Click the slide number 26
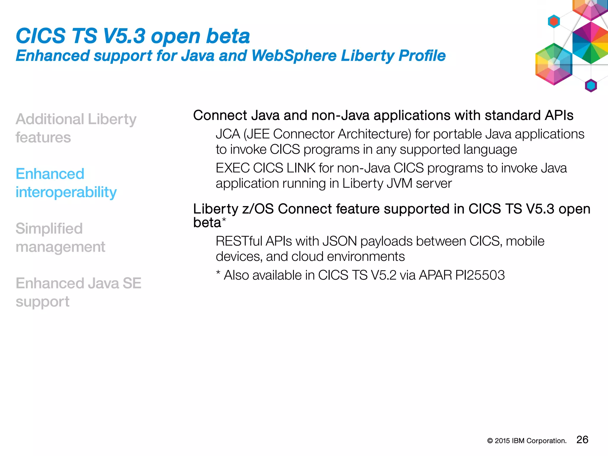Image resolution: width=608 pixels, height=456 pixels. (x=582, y=440)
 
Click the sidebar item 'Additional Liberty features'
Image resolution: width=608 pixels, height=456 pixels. (x=76, y=128)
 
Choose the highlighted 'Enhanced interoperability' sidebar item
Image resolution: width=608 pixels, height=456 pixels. (x=66, y=183)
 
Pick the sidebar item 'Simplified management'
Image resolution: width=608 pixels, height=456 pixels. (x=60, y=237)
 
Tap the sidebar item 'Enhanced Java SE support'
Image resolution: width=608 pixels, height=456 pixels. (x=78, y=292)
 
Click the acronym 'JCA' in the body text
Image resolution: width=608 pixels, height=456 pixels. (x=228, y=134)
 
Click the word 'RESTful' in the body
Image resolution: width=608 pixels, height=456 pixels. (x=239, y=241)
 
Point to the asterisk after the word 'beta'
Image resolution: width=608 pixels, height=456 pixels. (x=224, y=220)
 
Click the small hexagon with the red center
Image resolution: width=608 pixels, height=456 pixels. (x=554, y=21)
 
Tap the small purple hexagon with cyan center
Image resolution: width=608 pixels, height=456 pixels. (x=591, y=86)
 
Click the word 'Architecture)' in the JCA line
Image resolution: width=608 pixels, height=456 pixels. (x=374, y=134)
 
